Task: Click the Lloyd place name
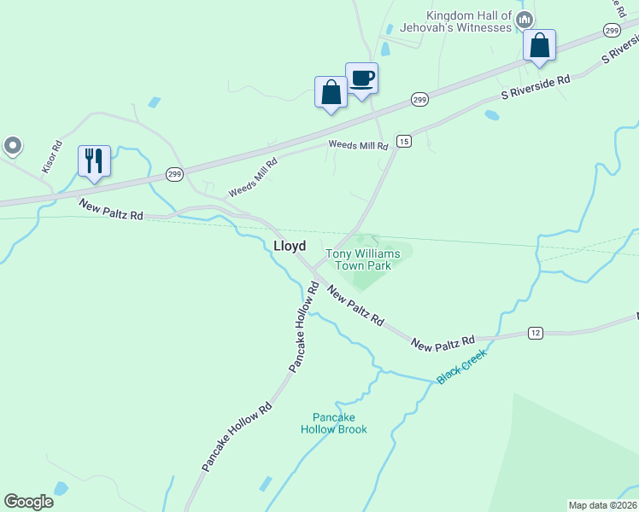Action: (290, 246)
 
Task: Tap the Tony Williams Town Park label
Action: (362, 259)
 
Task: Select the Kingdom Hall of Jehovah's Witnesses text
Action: (469, 21)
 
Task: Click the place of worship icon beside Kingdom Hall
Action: (525, 19)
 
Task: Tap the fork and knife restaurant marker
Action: (94, 160)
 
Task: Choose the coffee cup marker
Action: (361, 79)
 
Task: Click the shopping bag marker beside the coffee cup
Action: (331, 92)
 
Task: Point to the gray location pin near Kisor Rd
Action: (12, 146)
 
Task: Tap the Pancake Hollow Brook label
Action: (333, 423)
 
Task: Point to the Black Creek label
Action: (461, 366)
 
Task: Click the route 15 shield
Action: (404, 141)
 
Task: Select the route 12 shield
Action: (536, 332)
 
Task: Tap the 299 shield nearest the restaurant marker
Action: (174, 174)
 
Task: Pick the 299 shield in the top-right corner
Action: (611, 31)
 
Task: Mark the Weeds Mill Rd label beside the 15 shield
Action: (359, 146)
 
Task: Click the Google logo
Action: (28, 502)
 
